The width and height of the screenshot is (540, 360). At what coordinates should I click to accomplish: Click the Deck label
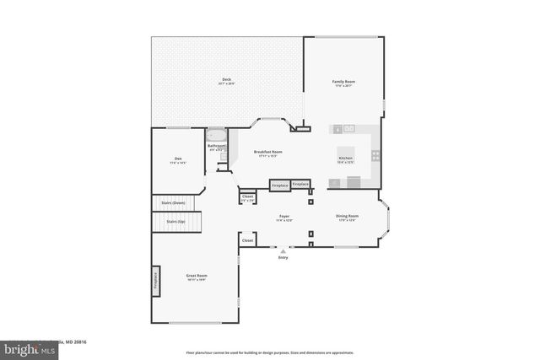coord(227,79)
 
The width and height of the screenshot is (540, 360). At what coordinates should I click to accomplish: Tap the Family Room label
coord(344,82)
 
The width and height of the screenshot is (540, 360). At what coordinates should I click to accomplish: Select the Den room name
coord(178,159)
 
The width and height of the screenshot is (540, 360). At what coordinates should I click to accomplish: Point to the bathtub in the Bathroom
coord(217,135)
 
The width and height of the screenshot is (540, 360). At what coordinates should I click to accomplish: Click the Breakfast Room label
coord(267,152)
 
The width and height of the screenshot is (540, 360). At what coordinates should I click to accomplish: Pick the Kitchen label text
coord(345,159)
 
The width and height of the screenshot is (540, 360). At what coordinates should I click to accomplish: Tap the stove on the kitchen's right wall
coord(375,155)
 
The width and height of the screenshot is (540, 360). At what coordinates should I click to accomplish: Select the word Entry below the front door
coord(283,257)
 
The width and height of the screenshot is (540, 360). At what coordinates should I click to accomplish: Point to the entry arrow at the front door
coord(283,250)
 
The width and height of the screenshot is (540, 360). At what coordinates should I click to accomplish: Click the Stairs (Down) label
coord(173,203)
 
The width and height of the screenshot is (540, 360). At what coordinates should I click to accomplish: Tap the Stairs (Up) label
coord(175,221)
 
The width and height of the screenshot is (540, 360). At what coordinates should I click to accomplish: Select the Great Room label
coord(197,276)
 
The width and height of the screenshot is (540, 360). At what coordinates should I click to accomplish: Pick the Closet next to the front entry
coord(247,240)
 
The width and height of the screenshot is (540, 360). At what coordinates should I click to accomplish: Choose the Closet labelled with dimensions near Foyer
coord(247,198)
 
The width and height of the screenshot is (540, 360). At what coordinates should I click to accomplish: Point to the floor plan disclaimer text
coord(269,352)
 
